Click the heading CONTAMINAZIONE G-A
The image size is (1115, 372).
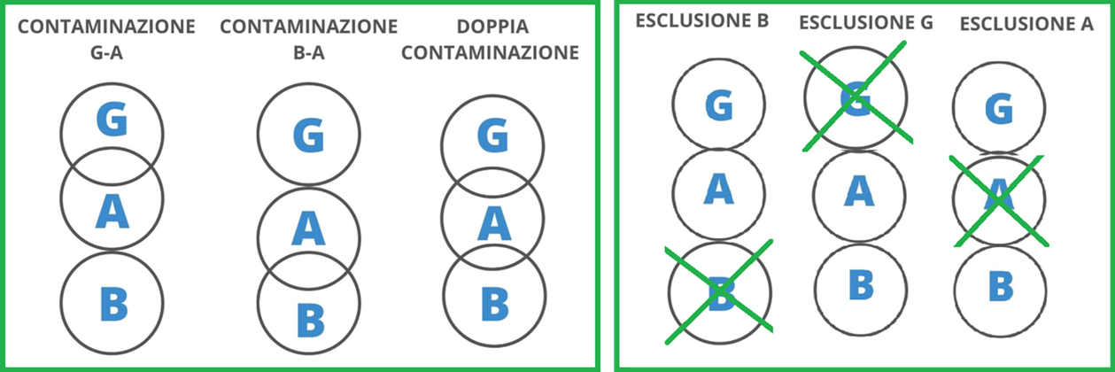click(x=107, y=40)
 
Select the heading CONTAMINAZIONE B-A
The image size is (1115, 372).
click(x=308, y=40)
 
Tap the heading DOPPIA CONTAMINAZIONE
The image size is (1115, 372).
click(x=490, y=40)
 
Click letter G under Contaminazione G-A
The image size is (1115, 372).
click(x=112, y=120)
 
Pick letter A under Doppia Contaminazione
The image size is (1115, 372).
click(x=493, y=223)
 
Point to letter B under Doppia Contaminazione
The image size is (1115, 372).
click(x=494, y=302)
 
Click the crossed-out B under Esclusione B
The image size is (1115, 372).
click(x=721, y=291)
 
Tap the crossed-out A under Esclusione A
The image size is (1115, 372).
click(x=998, y=198)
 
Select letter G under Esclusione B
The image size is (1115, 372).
click(x=720, y=106)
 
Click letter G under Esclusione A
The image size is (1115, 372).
click(x=998, y=110)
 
